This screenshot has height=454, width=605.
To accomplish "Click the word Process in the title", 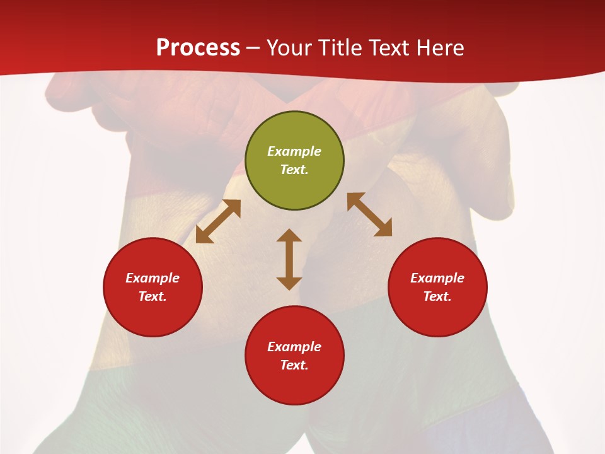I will [198, 48].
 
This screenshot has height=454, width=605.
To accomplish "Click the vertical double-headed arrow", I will [289, 259].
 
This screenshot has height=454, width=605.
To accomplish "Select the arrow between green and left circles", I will [218, 221].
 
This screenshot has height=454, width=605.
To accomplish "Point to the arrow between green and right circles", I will [369, 214].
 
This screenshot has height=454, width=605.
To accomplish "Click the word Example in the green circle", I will [294, 151].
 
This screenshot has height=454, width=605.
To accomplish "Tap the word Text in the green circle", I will [294, 170].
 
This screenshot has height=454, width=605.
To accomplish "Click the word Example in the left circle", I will [153, 278].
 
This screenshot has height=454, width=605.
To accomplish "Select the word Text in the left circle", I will [153, 296].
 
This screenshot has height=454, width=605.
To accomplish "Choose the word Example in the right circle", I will [437, 278].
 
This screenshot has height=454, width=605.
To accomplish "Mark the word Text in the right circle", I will [437, 296].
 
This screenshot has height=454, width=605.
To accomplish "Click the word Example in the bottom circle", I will [294, 347].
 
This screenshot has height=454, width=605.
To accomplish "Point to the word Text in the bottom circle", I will [294, 365].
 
